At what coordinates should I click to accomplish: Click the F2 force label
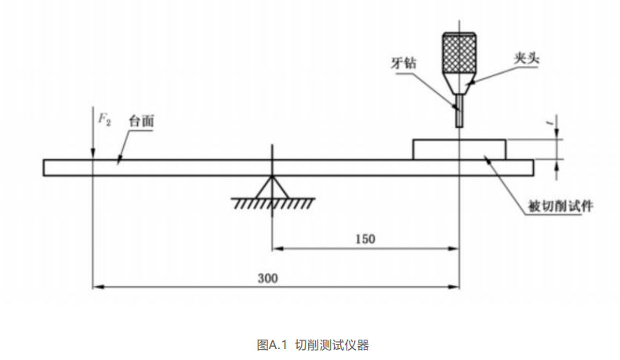click(104, 120)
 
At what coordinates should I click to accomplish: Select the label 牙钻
click(403, 62)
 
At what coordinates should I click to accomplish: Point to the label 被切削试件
click(560, 206)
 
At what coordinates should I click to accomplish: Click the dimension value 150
click(364, 238)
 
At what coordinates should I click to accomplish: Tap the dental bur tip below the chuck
click(459, 116)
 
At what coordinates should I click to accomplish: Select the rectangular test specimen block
click(459, 149)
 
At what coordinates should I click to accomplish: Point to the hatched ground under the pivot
click(272, 204)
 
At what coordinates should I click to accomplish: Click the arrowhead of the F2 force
click(92, 155)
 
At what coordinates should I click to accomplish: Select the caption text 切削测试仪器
click(332, 344)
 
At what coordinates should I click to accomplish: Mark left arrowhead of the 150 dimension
click(277, 249)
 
